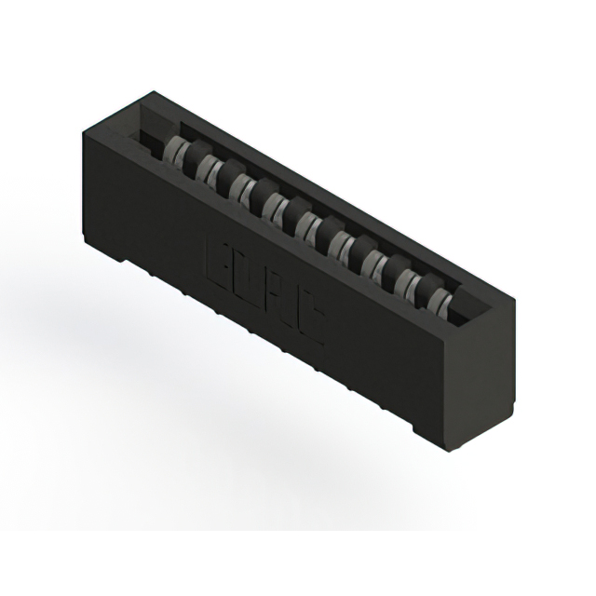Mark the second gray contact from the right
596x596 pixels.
pos(407,283)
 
